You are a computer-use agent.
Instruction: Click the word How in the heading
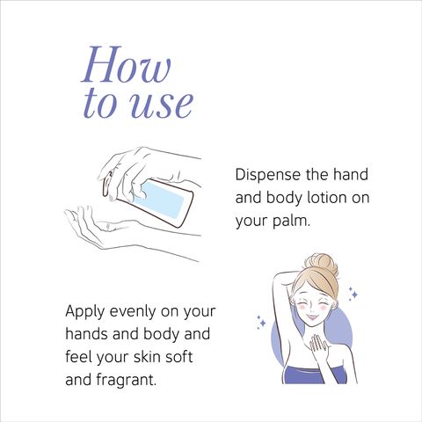coord(126,64)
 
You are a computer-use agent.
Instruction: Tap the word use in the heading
coord(161,105)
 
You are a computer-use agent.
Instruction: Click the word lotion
coord(327,197)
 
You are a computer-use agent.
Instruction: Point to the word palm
coord(291,221)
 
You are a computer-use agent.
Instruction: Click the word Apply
coord(84,312)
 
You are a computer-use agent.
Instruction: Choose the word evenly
coord(133,312)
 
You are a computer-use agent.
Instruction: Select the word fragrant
coord(126,380)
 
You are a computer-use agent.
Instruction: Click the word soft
coord(178,357)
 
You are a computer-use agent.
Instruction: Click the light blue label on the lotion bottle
coord(159,198)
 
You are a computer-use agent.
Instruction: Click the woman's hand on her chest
coord(318,346)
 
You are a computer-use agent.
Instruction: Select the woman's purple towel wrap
coord(313,375)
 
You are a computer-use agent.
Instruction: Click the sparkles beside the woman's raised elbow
coord(261,322)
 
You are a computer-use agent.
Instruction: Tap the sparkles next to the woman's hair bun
coord(353,294)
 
